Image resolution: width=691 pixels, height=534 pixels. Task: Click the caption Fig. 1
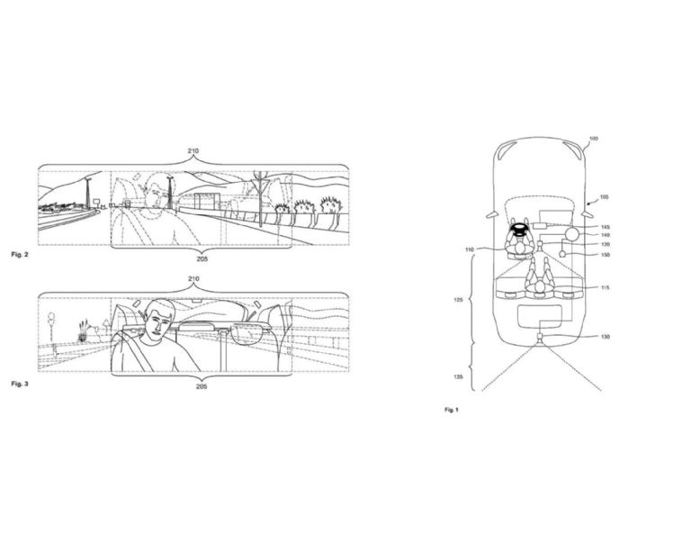pyautogui.click(x=452, y=410)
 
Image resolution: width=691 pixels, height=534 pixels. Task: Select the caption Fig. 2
pyautogui.click(x=20, y=255)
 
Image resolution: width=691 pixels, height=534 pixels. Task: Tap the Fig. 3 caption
pyautogui.click(x=20, y=385)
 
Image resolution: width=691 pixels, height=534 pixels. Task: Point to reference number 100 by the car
pyautogui.click(x=593, y=139)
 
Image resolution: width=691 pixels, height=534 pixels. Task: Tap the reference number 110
pyautogui.click(x=469, y=249)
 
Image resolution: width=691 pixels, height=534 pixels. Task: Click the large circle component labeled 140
pyautogui.click(x=571, y=233)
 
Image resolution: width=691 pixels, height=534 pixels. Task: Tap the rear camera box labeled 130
pyautogui.click(x=538, y=339)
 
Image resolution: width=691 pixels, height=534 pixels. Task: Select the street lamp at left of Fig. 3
pyautogui.click(x=51, y=326)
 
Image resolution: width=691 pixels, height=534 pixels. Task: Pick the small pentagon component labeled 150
pyautogui.click(x=562, y=255)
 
